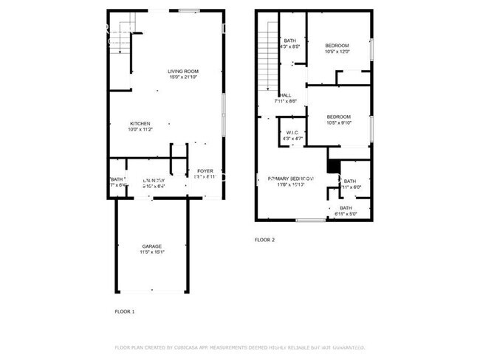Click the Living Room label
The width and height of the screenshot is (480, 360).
(184, 71)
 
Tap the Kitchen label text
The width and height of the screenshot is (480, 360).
(140, 123)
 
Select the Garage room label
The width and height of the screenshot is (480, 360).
(152, 246)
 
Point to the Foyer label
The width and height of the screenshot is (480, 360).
(205, 171)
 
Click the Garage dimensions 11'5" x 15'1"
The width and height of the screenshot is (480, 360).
(152, 252)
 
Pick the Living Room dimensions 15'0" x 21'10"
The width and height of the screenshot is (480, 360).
(184, 77)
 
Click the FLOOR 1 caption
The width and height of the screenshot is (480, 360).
(124, 311)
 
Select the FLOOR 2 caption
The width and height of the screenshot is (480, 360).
(264, 240)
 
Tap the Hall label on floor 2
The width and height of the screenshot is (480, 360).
(286, 95)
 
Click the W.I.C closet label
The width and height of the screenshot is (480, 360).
(292, 133)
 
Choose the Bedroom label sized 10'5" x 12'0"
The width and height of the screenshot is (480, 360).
(337, 46)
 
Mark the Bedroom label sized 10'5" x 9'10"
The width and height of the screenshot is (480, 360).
(338, 117)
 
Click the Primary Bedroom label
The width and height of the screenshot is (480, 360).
(291, 179)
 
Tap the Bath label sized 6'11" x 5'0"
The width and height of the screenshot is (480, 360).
(346, 208)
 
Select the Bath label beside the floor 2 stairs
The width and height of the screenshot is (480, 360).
(290, 41)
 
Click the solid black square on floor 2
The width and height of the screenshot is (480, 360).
(333, 167)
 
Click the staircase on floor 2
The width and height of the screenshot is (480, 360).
(267, 63)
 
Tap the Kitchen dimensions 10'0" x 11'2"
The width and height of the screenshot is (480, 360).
(140, 129)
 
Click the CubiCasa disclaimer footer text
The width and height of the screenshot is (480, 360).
(240, 347)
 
